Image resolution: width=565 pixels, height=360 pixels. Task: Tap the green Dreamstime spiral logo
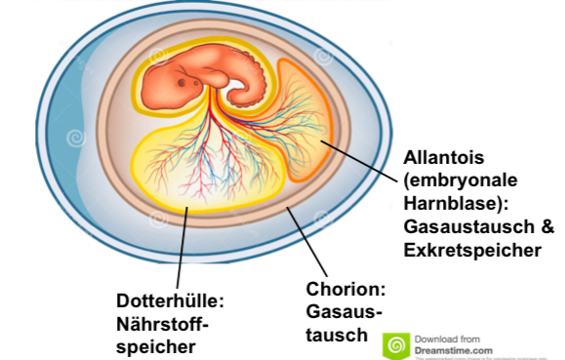coord(396,344)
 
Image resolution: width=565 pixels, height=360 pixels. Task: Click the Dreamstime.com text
coord(454,349)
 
